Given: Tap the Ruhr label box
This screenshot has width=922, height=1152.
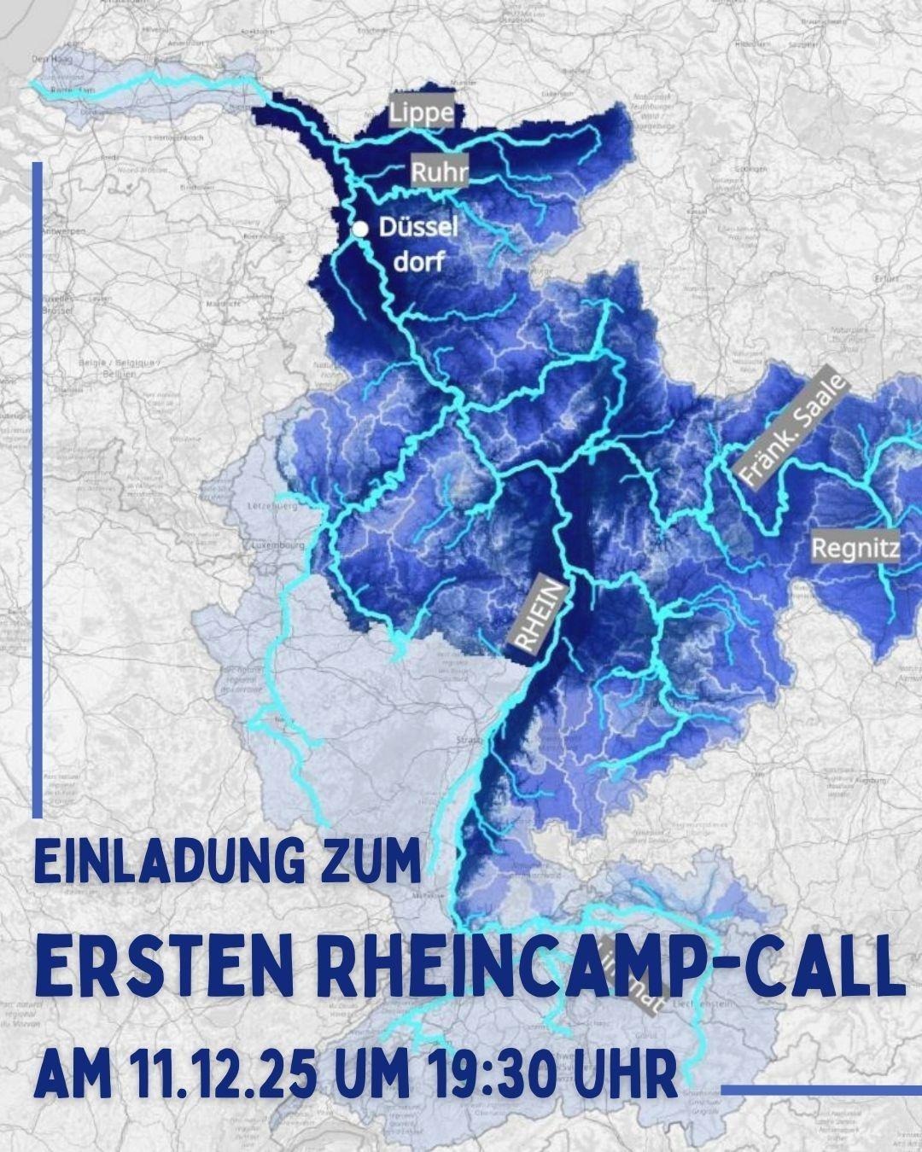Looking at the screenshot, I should point(440,172).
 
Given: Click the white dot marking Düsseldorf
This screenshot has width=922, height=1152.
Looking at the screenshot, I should point(360,229).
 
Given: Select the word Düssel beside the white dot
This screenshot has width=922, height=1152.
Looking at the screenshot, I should point(418,228).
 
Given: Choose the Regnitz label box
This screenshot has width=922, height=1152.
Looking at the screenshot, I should point(855,548).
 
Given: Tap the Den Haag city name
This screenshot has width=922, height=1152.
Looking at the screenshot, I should point(48,59).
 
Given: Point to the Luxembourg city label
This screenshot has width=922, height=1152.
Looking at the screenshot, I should point(278,544).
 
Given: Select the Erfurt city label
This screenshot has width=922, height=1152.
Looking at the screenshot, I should point(888,278).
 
